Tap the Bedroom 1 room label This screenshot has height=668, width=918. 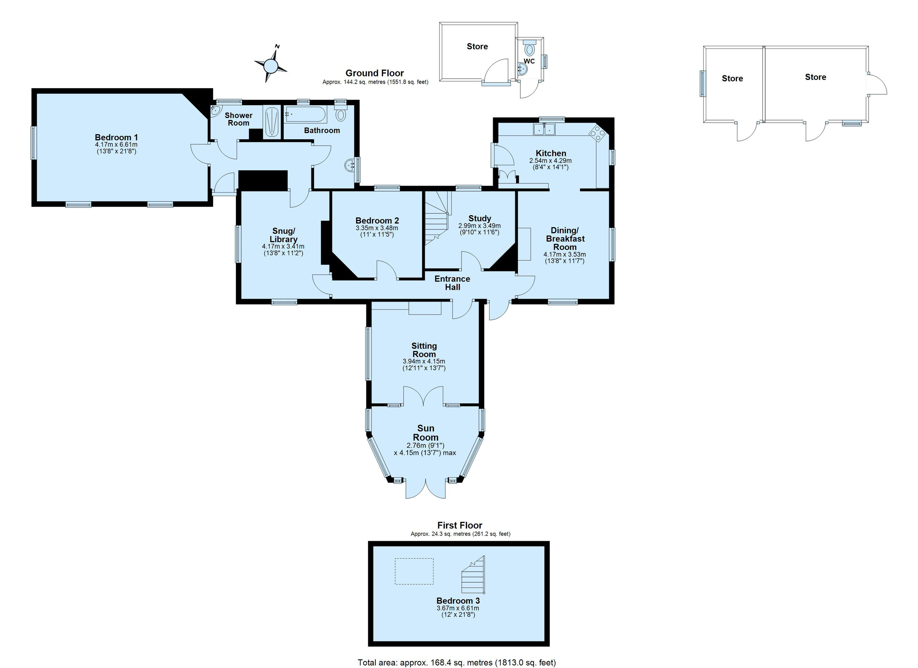(x=117, y=137)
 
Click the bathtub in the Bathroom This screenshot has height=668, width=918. (x=306, y=114)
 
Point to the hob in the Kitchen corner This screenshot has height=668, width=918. (x=597, y=133)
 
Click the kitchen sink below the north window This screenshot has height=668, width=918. (x=545, y=129)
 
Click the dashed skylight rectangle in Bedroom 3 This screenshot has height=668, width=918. (x=414, y=571)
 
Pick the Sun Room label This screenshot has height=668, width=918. (x=425, y=433)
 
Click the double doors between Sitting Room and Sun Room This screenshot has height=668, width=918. (x=423, y=396)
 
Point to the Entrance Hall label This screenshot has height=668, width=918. (x=452, y=283)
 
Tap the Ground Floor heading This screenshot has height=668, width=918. (x=374, y=73)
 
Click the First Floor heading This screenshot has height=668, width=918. (x=460, y=526)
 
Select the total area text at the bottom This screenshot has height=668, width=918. (x=456, y=663)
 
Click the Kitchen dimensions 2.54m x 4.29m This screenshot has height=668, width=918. (x=550, y=161)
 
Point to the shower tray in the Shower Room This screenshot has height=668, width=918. (x=271, y=122)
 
